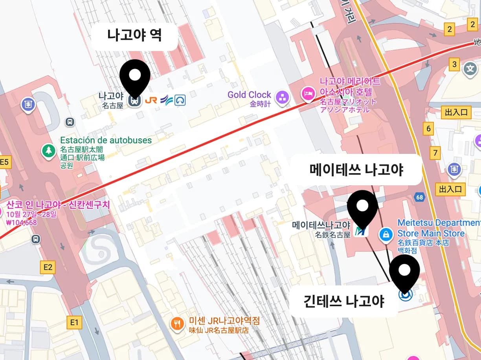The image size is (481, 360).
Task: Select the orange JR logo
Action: point(151,100)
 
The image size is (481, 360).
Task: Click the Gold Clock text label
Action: point(249,95)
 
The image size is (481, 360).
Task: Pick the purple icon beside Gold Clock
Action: point(282,98)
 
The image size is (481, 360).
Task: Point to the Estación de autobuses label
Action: point(106,140)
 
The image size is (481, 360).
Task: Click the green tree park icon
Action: point(49,151)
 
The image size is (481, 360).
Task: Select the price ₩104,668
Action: point(22,223)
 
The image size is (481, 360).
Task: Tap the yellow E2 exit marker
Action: point(48,267)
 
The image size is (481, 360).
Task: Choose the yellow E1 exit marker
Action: point(74,323)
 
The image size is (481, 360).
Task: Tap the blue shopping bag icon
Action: point(386,235)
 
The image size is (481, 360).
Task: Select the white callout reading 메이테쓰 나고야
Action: point(356,170)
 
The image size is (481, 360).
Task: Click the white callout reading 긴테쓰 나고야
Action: point(344,302)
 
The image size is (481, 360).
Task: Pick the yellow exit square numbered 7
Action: point(435,153)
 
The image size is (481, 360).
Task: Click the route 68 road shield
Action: point(420,197)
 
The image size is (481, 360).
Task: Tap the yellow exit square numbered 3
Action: point(455,64)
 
